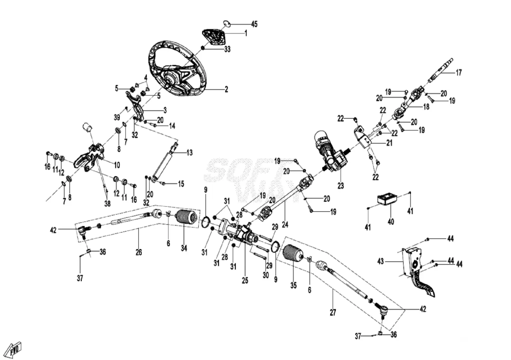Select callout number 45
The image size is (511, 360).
pyautogui.click(x=254, y=24)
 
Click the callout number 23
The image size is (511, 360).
pyautogui.click(x=340, y=186)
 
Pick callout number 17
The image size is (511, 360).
pyautogui.click(x=459, y=73)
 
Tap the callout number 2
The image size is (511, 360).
pyautogui.click(x=226, y=89)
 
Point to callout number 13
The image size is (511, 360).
pyautogui.click(x=190, y=153)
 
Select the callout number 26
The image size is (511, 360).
pyautogui.click(x=139, y=252)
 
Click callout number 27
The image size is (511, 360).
pyautogui.click(x=333, y=312)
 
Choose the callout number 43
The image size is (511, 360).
pyautogui.click(x=380, y=261)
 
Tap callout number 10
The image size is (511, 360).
pyautogui.click(x=117, y=165)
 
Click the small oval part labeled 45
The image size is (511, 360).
pyautogui.click(x=227, y=24)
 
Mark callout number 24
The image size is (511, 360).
pyautogui.click(x=285, y=225)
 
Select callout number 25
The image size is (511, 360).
pyautogui.click(x=245, y=281)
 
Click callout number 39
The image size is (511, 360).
pyautogui.click(x=117, y=117)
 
